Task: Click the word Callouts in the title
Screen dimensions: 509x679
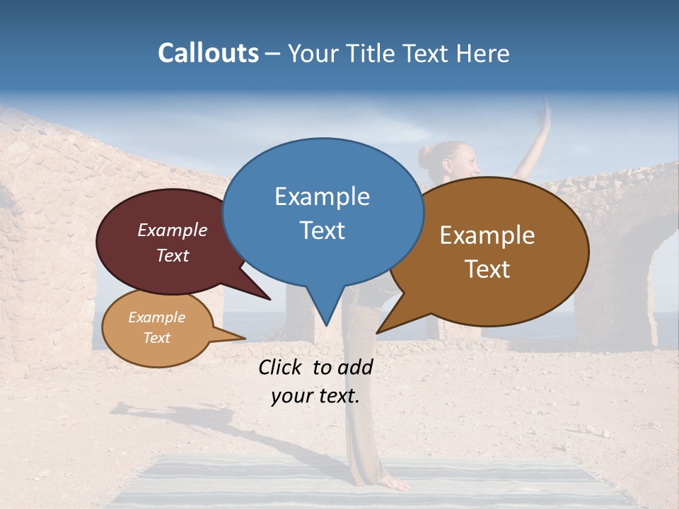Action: coord(208,53)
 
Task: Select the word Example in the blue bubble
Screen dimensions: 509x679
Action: coord(322,197)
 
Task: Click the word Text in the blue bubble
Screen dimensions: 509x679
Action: coord(322,230)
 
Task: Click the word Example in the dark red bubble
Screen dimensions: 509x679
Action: coord(173,230)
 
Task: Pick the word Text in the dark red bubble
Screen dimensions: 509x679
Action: coord(173,255)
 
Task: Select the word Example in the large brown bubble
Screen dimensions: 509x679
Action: coord(487,235)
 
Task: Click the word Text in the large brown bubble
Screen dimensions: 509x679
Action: coord(487,269)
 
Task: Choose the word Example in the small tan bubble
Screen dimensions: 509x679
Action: coord(156,317)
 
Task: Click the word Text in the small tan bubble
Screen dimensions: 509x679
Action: coord(156,338)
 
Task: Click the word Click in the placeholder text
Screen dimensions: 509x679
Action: coord(281,367)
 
